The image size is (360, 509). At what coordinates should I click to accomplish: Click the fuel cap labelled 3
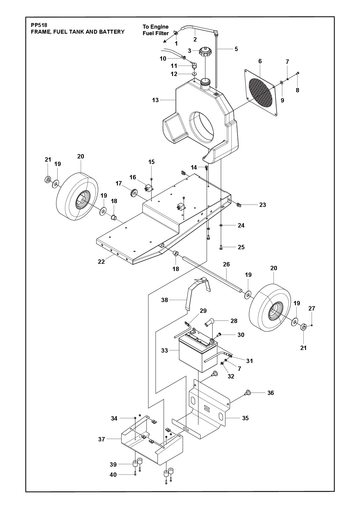click(x=205, y=52)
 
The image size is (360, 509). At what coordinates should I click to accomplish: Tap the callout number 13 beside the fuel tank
click(x=155, y=100)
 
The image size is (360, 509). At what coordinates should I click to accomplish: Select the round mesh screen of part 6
click(x=260, y=92)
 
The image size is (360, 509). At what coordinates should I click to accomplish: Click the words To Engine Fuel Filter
click(x=156, y=30)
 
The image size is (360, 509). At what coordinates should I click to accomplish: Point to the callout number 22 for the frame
click(x=101, y=262)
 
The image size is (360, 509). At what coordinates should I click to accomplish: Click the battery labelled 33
click(x=198, y=353)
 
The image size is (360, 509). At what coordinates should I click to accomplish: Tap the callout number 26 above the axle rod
click(x=226, y=265)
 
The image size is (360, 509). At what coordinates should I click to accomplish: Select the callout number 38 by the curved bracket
click(x=165, y=300)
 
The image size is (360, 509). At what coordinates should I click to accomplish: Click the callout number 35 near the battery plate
click(x=245, y=418)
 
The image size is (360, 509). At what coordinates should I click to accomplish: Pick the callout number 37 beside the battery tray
click(x=102, y=439)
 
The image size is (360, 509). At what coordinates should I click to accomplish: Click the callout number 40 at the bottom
click(x=113, y=474)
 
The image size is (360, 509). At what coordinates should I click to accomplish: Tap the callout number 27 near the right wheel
click(x=312, y=309)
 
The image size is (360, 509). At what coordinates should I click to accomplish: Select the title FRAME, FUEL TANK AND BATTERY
click(x=78, y=32)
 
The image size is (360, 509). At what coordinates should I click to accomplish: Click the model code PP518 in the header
click(x=39, y=25)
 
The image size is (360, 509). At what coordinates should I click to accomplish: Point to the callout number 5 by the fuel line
click(x=236, y=49)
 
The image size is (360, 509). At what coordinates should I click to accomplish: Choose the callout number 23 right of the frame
click(x=263, y=205)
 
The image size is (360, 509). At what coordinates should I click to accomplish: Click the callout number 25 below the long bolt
click(x=241, y=247)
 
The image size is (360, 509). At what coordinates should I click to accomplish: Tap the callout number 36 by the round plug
click(x=271, y=393)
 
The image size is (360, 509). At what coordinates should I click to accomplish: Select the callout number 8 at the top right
click(x=298, y=90)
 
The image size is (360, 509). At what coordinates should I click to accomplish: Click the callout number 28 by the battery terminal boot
click(x=234, y=321)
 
